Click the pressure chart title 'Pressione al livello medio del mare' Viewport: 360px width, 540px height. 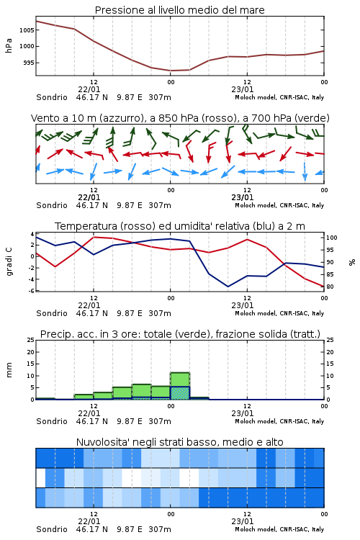click(x=179, y=10)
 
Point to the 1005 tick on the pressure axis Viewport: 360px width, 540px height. click(x=27, y=30)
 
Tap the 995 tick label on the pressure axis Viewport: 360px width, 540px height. click(x=28, y=63)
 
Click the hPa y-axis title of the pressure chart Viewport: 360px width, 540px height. click(x=9, y=45)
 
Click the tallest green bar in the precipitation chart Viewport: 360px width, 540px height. click(x=180, y=386)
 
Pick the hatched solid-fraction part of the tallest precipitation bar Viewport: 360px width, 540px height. click(x=180, y=393)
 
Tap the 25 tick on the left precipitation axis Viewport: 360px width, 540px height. click(x=31, y=340)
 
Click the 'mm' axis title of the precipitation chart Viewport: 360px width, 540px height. click(x=9, y=370)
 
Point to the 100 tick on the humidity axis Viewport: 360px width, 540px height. click(x=332, y=238)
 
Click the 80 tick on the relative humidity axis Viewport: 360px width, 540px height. click(x=330, y=287)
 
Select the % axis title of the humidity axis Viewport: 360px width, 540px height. click(x=352, y=262)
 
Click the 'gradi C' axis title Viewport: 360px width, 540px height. click(x=9, y=262)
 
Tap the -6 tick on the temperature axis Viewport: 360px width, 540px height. click(x=32, y=291)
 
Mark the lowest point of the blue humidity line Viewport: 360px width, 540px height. click(x=228, y=287)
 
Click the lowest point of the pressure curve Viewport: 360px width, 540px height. click(x=171, y=71)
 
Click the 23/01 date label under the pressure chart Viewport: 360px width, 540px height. click(x=243, y=89)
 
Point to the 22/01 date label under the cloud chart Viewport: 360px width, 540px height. click(x=89, y=521)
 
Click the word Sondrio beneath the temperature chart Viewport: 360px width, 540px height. click(x=52, y=313)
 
